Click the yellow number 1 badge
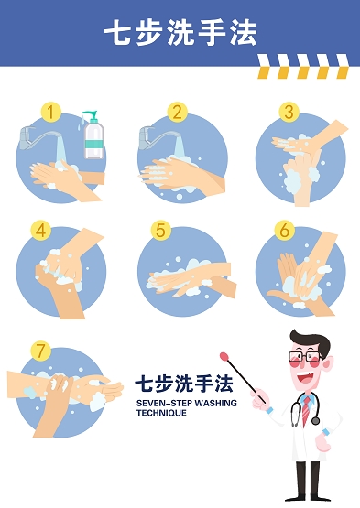click(50, 112)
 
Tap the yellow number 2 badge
click(178, 112)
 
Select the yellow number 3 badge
click(289, 112)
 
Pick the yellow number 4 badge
click(41, 231)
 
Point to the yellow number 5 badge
click(161, 231)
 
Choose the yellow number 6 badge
click(285, 231)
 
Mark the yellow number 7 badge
click(41, 351)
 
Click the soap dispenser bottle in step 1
click(93, 135)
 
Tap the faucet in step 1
click(38, 137)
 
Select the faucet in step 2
click(158, 137)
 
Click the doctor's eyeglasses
click(304, 357)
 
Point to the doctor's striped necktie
click(306, 410)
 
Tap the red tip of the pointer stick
click(224, 357)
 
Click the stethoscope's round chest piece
click(315, 421)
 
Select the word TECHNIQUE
click(161, 413)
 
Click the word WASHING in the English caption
click(215, 403)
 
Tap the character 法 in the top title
click(244, 32)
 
